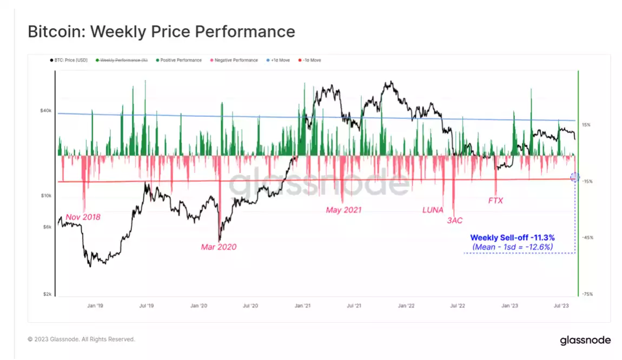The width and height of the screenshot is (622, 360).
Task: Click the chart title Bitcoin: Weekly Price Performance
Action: [161, 32]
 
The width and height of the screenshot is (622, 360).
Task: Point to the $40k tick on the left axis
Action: [45, 111]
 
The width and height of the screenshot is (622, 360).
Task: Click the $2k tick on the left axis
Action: [47, 294]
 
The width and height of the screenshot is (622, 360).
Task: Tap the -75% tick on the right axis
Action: [586, 294]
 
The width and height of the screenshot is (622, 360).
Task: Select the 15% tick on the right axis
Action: [586, 125]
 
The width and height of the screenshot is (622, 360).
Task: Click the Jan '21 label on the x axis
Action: [302, 306]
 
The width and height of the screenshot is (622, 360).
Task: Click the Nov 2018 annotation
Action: [83, 217]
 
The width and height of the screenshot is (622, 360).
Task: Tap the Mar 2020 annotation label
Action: [219, 247]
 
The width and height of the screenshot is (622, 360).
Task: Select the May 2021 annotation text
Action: [343, 210]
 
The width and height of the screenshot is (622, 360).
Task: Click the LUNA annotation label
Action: [433, 210]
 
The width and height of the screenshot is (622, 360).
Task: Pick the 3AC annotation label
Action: [454, 221]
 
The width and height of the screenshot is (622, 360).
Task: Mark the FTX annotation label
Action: [495, 201]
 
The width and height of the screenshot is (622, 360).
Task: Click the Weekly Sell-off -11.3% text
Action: [512, 237]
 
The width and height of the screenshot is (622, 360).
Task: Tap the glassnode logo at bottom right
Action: [585, 340]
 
